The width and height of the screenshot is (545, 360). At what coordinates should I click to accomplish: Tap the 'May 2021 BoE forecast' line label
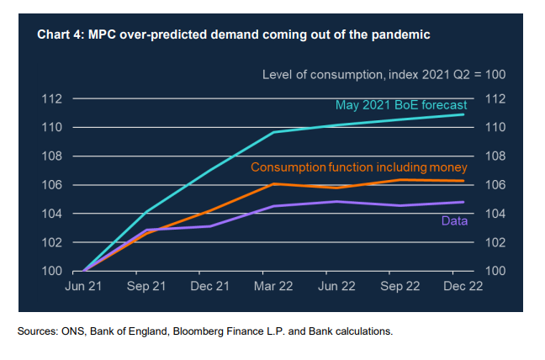[400, 106]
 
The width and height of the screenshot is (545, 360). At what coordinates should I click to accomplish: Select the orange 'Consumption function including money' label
[359, 167]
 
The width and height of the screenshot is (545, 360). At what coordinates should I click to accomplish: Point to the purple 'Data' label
[454, 220]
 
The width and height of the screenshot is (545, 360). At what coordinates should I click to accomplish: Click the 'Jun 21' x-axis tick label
[83, 286]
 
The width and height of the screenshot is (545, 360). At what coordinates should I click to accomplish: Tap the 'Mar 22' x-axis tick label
[274, 286]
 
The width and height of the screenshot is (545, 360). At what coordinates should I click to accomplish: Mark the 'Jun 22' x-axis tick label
[337, 286]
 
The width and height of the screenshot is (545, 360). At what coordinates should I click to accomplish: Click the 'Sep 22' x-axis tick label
[399, 286]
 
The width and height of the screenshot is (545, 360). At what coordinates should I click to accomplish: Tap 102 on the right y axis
[494, 242]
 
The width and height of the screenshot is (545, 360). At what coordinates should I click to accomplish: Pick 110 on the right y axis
[494, 128]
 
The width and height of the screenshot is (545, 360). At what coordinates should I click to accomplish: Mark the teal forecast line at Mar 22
[274, 132]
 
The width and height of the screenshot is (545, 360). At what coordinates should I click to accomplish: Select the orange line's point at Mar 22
[274, 183]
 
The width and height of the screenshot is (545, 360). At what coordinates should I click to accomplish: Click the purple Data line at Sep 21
[147, 230]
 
